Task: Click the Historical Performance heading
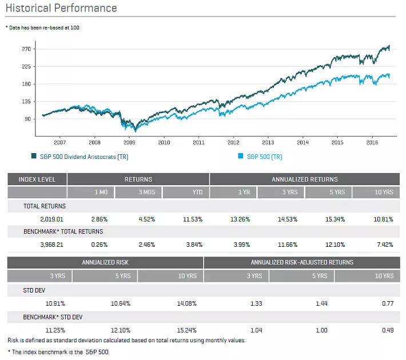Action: point(61,8)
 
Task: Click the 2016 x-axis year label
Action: point(372,142)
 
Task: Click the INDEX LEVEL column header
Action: point(37,179)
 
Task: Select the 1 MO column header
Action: point(101,193)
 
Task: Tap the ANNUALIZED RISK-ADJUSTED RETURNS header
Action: point(302,262)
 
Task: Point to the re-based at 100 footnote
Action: point(42,27)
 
